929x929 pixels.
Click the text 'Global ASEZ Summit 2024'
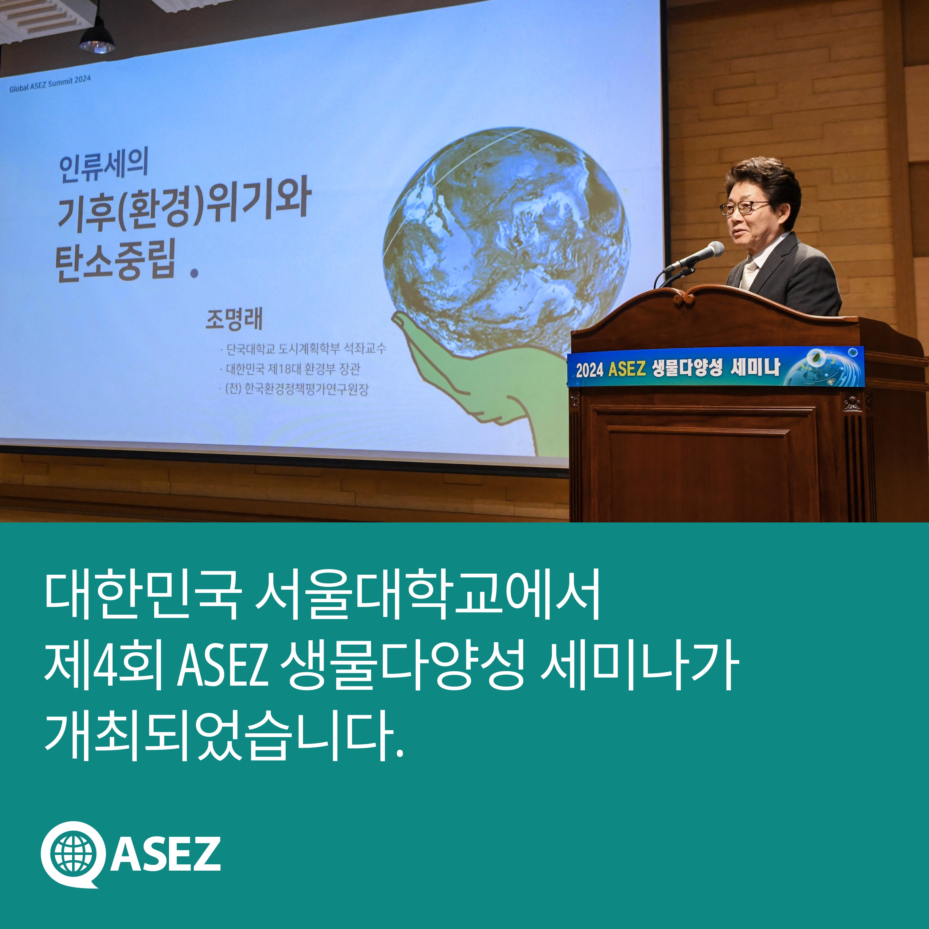tap(50, 84)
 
